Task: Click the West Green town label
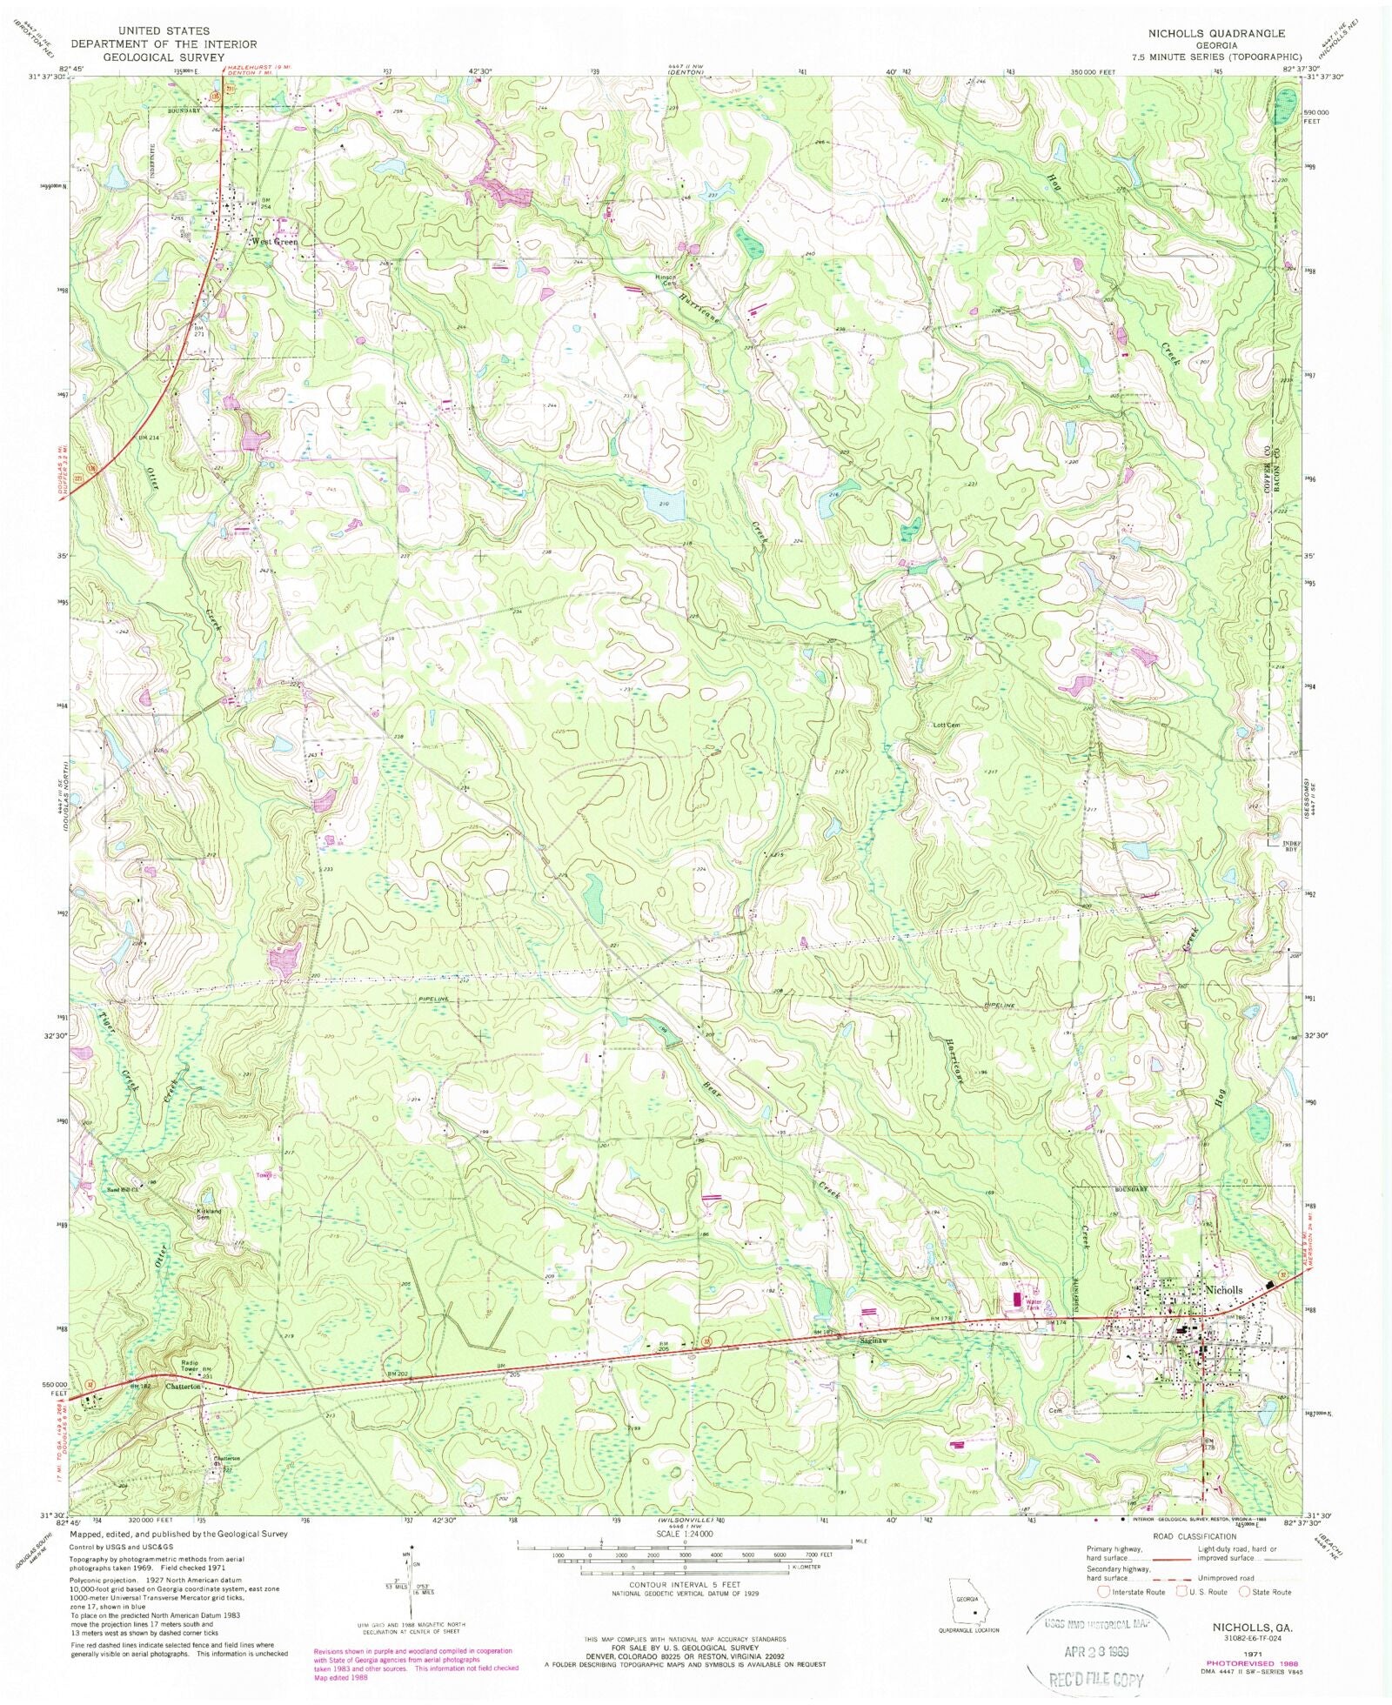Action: click(x=274, y=242)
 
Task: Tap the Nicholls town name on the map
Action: click(x=1224, y=1290)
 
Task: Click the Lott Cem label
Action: click(x=947, y=725)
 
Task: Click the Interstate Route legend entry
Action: click(x=1130, y=1592)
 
